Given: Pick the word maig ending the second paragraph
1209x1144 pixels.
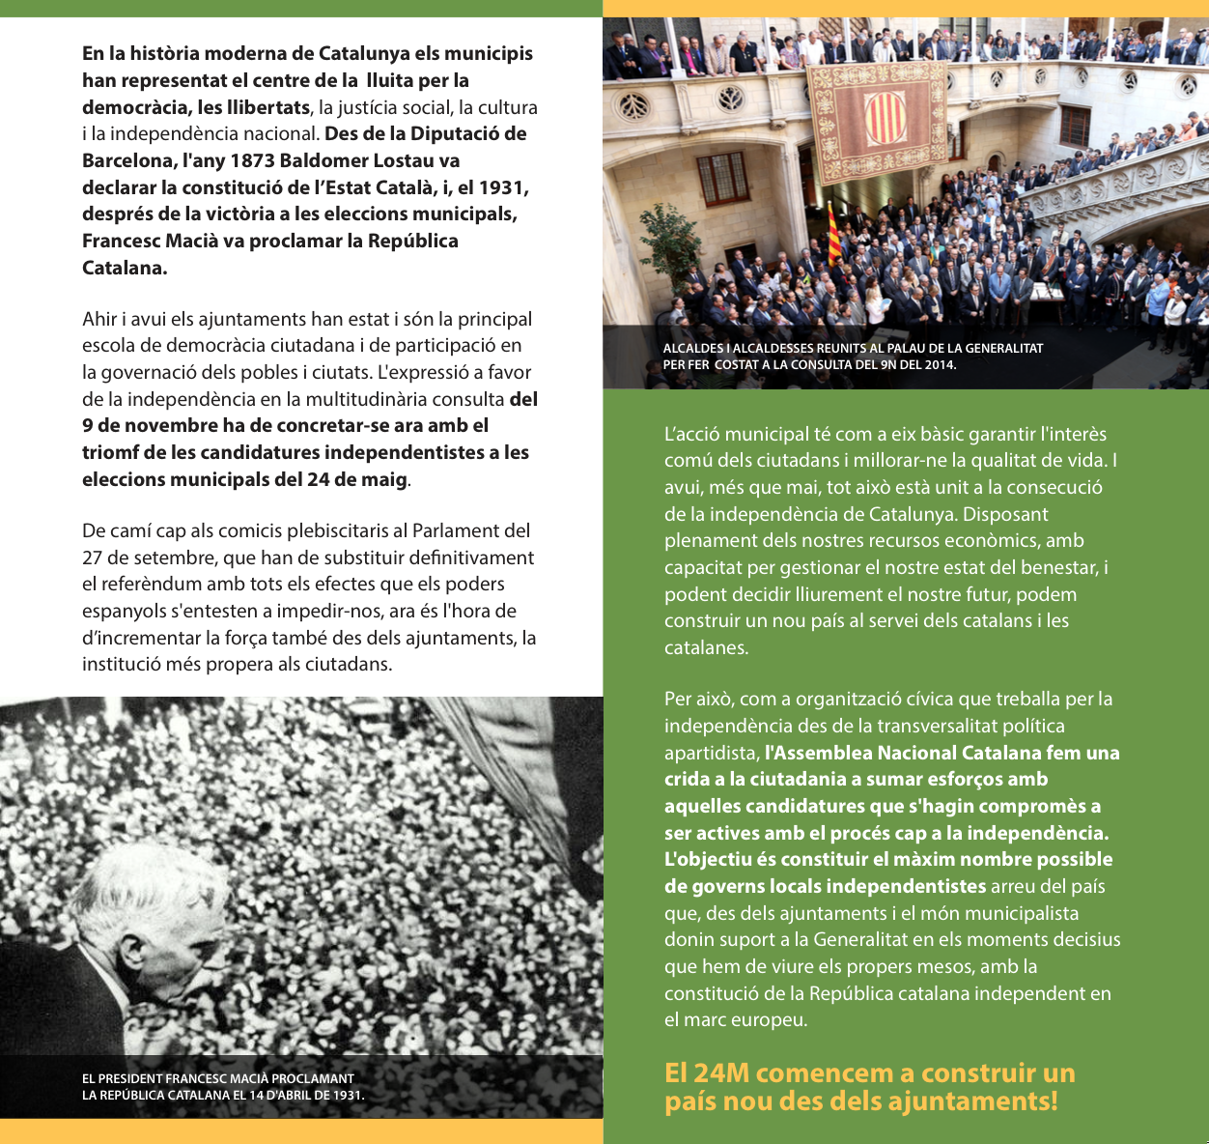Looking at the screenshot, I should point(382,479).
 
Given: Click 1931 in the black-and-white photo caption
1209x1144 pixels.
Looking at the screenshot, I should point(345,1095).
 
